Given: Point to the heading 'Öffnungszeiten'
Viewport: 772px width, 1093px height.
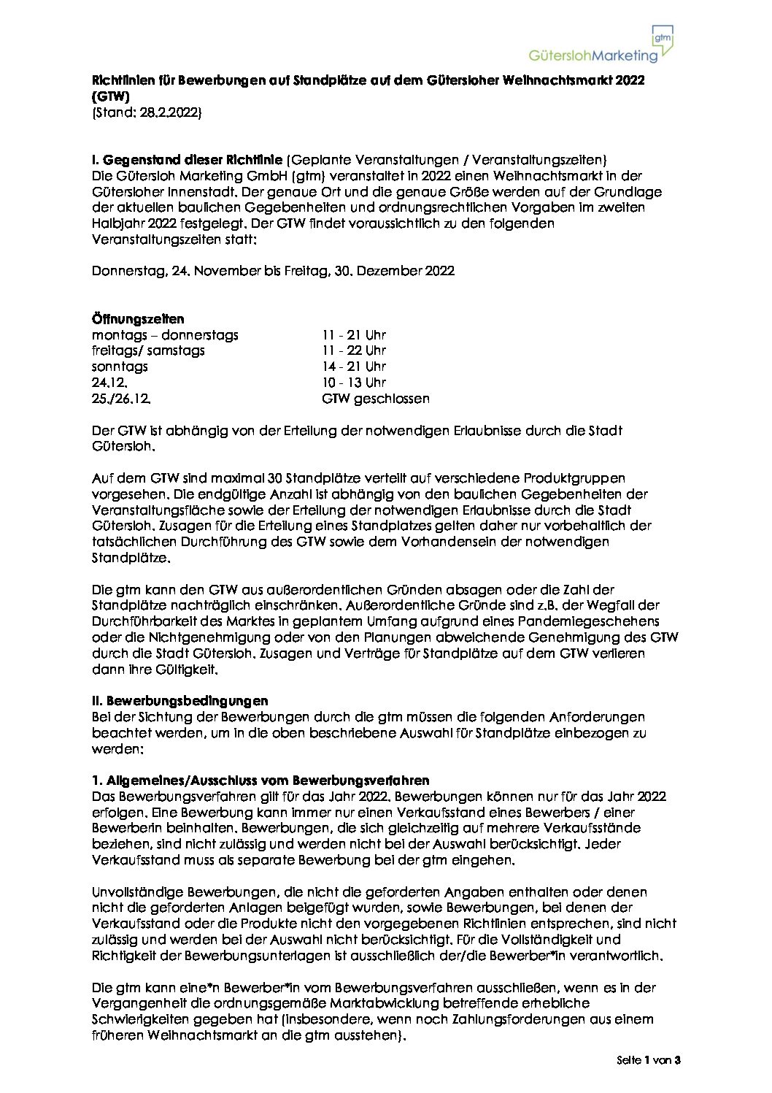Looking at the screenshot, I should pos(138,319).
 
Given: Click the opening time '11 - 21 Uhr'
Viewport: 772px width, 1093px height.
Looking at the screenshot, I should pos(354,335).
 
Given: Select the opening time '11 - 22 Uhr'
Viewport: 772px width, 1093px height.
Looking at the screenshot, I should pos(354,350).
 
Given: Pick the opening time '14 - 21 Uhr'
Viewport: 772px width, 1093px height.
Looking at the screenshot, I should pos(354,367).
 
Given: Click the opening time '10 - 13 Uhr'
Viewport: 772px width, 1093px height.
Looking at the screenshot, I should pos(354,383).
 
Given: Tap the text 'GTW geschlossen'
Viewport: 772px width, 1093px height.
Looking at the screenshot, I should pos(376,399).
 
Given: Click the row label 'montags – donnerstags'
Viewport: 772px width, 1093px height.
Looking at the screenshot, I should pos(165,335).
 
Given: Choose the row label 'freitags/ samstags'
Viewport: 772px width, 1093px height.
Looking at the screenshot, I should pos(148,350).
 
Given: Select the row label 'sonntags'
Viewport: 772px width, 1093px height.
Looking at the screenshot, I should pos(120,367).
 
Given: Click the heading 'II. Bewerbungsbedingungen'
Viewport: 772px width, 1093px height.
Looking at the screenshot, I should pos(180,701).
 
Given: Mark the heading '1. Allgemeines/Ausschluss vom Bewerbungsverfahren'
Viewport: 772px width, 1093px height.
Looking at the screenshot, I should pos(260,781).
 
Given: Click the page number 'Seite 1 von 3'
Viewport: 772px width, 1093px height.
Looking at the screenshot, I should pos(648,1061).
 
